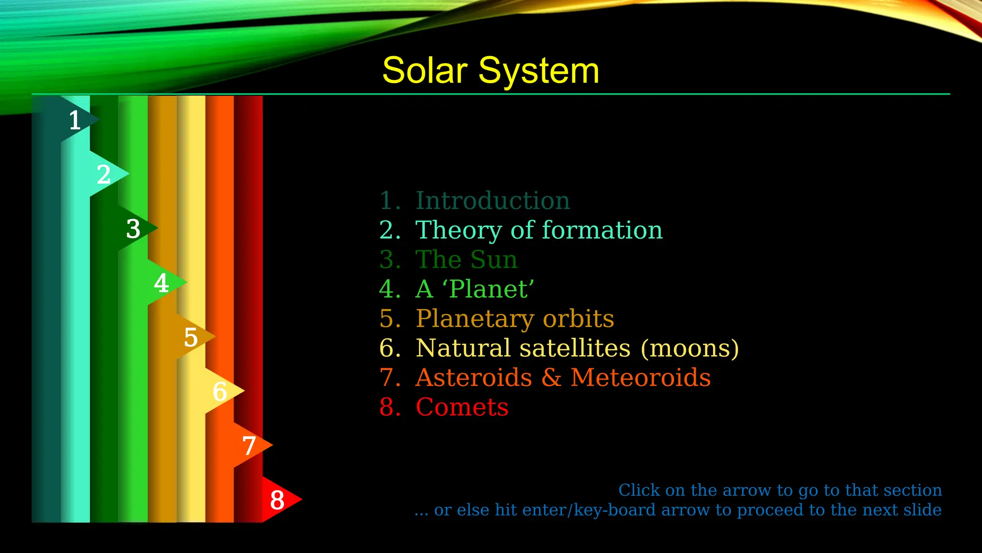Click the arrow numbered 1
[x=77, y=120]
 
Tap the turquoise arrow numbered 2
[x=106, y=174]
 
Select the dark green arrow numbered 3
[x=135, y=228]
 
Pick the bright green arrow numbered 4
[x=164, y=282]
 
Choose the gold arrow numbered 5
[x=193, y=337]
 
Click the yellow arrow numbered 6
[x=222, y=391]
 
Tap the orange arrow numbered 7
[x=250, y=445]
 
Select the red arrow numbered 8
[x=279, y=499]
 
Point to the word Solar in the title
[x=425, y=71]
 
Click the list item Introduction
[x=492, y=201]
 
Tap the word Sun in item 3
[x=494, y=260]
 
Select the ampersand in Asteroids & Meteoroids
[x=551, y=378]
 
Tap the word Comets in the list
[x=462, y=408]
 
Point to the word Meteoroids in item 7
[x=641, y=378]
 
